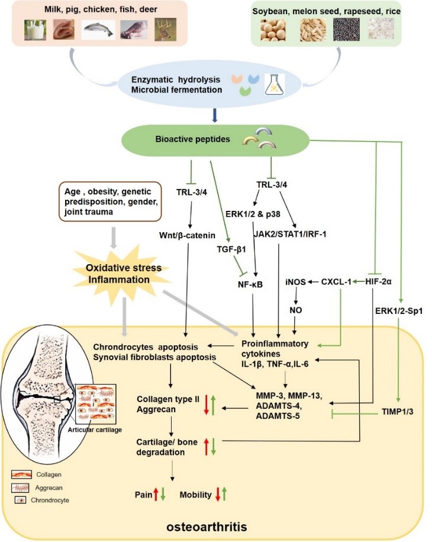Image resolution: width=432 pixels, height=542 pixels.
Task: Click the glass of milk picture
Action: point(36,30)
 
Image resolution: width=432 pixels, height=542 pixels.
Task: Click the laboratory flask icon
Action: point(273,85)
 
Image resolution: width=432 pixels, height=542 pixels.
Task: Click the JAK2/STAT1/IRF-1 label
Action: point(283,233)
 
